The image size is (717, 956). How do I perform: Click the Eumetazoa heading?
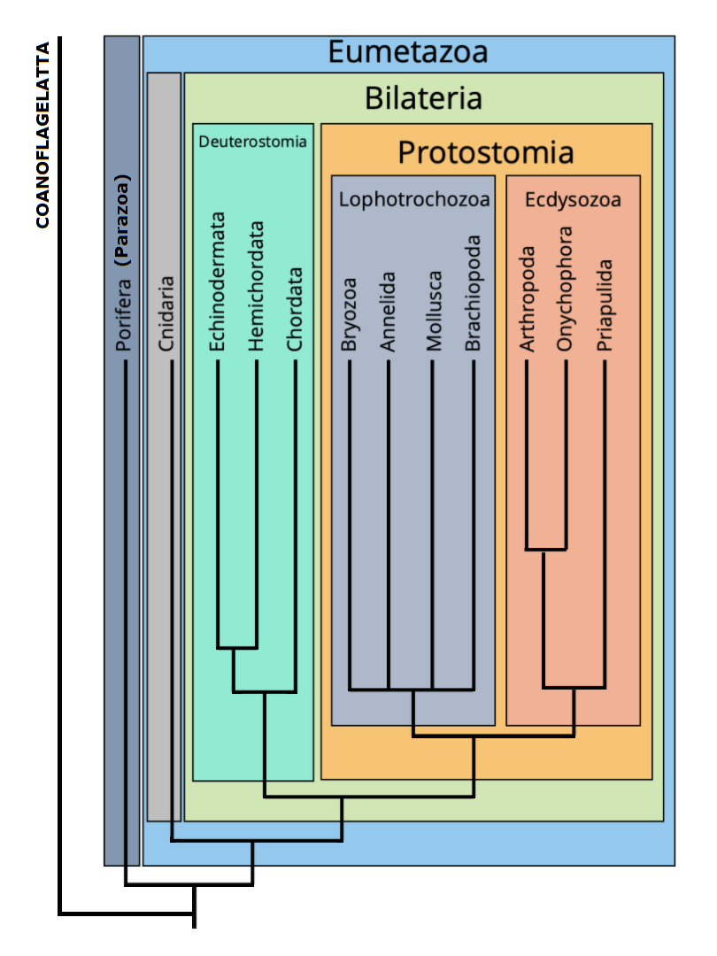point(408,52)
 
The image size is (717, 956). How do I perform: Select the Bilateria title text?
point(424,98)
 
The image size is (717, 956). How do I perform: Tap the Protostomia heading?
point(486,152)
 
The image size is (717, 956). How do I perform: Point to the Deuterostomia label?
point(253,141)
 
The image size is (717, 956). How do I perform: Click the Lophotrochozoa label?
point(414,199)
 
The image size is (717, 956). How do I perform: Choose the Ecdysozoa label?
point(573,199)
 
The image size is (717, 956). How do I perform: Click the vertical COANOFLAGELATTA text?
point(42,135)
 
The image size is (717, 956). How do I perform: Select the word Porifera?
point(124,315)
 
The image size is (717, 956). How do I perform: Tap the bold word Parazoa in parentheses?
point(124,220)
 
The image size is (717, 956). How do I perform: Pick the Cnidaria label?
point(168,315)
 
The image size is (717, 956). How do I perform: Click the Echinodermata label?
point(219,281)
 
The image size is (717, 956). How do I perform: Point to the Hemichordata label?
point(257,286)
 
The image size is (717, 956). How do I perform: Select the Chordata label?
point(295,309)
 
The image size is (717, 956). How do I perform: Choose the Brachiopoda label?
point(474,293)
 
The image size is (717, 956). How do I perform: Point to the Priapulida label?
point(605,305)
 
